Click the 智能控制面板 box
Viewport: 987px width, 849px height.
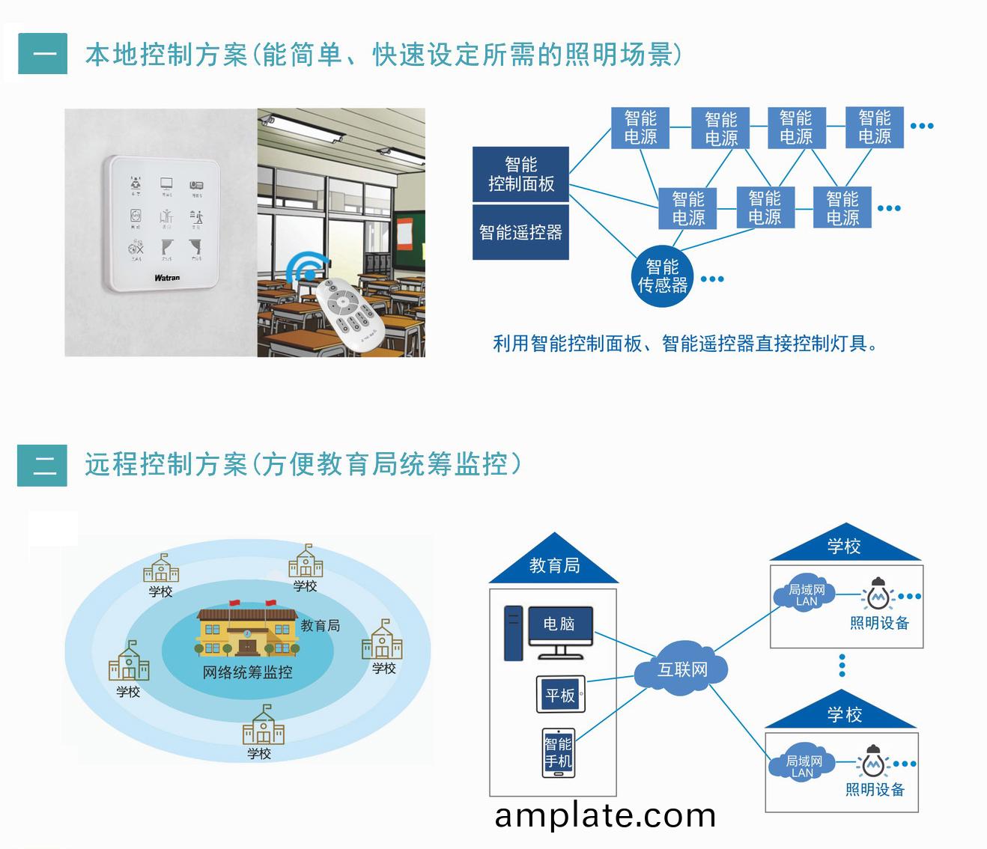point(520,174)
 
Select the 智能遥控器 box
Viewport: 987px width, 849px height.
point(520,233)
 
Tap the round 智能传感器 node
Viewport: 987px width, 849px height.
point(662,276)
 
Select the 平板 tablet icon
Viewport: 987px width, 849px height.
point(560,696)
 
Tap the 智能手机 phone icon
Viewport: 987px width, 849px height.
point(558,753)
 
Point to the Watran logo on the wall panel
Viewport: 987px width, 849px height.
point(167,278)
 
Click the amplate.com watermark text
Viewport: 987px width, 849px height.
point(605,816)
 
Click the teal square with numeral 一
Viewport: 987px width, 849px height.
point(43,53)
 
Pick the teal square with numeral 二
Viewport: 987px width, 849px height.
point(43,465)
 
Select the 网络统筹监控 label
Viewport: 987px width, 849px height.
point(247,672)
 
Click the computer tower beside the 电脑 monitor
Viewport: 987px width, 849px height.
point(513,633)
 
